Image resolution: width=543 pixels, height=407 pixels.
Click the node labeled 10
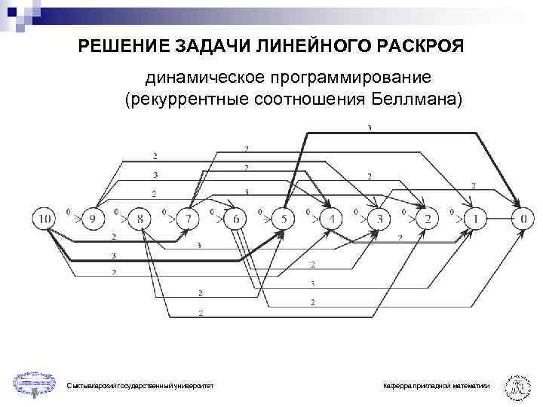[44, 219]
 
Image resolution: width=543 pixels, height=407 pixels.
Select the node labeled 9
[92, 219]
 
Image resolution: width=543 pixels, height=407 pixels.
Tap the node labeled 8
[140, 219]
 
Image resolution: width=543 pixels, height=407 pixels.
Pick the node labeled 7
[188, 219]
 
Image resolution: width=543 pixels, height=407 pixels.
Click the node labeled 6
[235, 219]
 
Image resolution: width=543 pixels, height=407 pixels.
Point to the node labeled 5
[283, 219]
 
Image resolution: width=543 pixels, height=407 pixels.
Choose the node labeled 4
[331, 219]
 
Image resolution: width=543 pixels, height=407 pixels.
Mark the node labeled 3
[379, 219]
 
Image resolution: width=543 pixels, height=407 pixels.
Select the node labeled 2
[427, 219]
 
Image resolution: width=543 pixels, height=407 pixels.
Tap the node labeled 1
[475, 219]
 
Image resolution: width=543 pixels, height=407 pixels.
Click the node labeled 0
[523, 219]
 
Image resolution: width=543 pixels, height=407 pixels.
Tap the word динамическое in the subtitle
[197, 78]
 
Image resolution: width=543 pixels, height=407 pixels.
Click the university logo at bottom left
[34, 382]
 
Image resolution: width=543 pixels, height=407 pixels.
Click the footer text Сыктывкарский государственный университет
[140, 386]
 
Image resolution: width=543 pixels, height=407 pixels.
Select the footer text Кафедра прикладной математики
[436, 386]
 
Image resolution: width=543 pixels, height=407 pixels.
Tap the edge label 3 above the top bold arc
[369, 129]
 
